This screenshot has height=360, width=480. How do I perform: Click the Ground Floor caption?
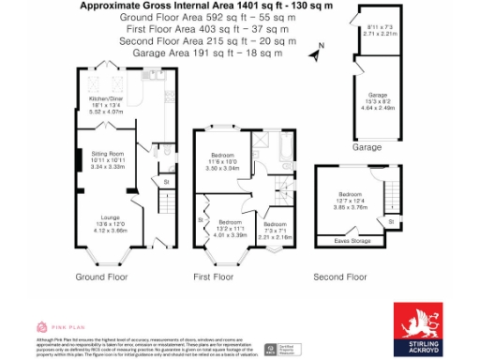[x=100, y=277]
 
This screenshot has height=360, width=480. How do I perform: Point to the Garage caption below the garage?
[x=366, y=148]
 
